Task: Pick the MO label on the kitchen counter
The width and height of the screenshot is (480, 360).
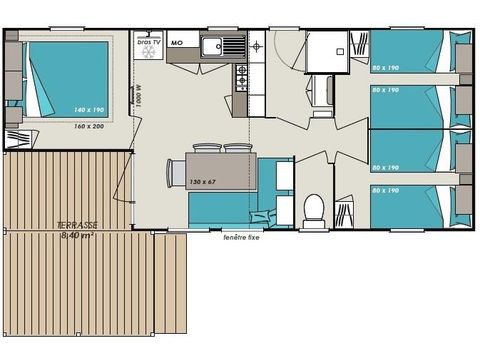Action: pos(176,44)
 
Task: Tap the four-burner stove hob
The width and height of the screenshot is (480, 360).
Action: pos(242,78)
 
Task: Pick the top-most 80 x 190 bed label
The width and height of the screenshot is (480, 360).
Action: pos(385,70)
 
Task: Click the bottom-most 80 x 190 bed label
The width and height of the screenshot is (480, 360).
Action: pos(385,190)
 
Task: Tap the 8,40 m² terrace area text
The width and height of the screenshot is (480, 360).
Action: pos(77,238)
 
